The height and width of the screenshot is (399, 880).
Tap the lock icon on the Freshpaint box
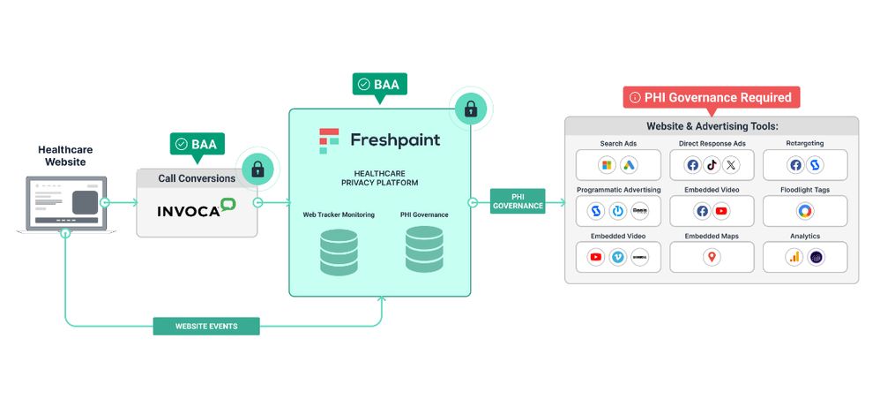coord(471,109)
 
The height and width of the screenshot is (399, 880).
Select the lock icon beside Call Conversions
coord(257,169)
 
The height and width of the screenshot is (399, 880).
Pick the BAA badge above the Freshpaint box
coord(379,85)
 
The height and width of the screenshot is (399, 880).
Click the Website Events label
coord(206,326)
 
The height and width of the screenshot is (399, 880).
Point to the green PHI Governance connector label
coord(518,201)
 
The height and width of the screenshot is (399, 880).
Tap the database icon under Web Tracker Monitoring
coord(339,252)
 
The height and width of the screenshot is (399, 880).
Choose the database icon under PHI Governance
coord(424,249)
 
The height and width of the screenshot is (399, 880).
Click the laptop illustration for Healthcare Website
coord(65,205)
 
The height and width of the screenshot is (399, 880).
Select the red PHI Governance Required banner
coord(711,97)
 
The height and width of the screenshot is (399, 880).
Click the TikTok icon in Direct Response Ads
coord(712,165)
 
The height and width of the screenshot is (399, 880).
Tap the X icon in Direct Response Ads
coord(731,165)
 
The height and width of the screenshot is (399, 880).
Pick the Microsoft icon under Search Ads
coord(606,165)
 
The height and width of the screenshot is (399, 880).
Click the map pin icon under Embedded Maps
coord(712,257)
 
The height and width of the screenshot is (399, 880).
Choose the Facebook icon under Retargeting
coord(795,165)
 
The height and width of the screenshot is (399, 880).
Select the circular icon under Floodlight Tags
coord(804,211)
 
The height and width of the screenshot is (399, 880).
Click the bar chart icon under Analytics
coord(794,257)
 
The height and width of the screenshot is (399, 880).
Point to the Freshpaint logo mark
coord(329,140)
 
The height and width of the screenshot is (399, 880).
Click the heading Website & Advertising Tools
coord(712,126)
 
